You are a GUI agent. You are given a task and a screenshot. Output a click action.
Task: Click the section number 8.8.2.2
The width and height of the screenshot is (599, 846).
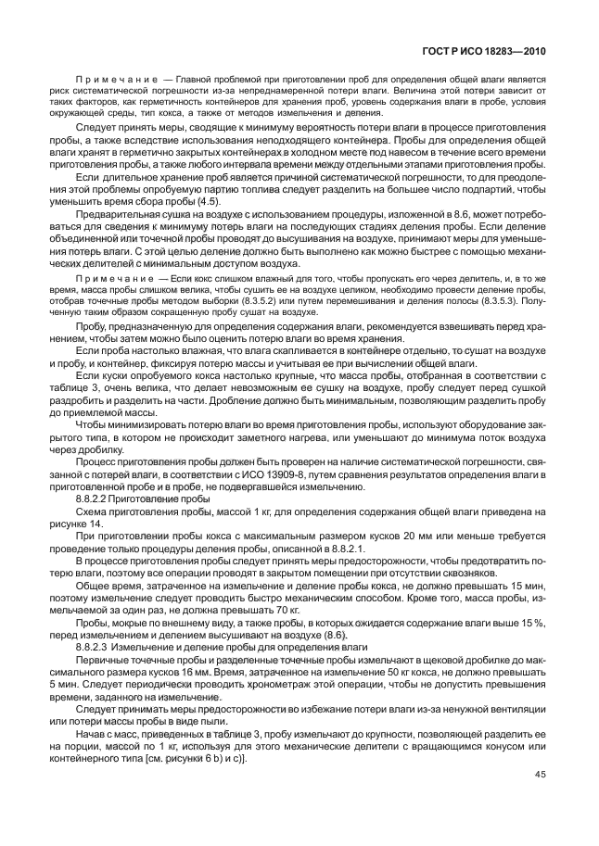pos(96,498)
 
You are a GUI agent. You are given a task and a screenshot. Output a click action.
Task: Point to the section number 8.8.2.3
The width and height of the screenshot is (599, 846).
pos(96,646)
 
